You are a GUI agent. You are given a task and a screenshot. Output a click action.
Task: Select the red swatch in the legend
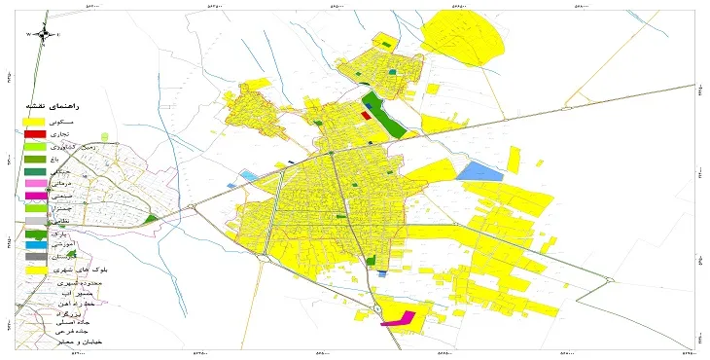(35, 132)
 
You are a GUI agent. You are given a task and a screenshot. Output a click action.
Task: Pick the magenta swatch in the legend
(35, 197)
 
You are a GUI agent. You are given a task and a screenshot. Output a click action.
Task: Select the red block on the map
(365, 115)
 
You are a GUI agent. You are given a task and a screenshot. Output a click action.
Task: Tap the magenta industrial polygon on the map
(398, 318)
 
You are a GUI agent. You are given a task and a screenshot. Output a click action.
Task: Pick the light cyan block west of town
(250, 175)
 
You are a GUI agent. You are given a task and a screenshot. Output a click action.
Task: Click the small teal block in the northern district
(392, 72)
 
